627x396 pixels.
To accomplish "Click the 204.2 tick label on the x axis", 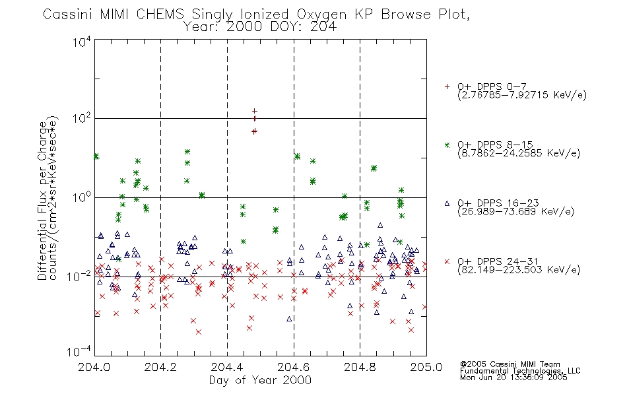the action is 160,367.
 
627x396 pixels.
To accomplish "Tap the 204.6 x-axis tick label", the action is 294,367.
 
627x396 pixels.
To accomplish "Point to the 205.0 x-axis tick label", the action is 426,367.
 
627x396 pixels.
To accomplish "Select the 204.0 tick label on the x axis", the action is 94,367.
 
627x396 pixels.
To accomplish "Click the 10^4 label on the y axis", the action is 82,42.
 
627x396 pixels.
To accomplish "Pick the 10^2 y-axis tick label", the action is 82,119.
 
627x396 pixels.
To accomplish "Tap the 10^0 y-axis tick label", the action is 82,197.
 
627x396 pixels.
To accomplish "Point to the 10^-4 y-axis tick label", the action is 79,351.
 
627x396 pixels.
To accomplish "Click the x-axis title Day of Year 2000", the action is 260,380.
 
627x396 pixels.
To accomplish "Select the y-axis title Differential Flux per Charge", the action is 42,201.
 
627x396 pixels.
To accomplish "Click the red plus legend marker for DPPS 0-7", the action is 447,86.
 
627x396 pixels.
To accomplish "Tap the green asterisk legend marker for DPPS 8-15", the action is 447,145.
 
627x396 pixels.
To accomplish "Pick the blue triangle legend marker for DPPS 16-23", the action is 447,203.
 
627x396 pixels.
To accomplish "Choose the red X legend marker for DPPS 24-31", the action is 447,261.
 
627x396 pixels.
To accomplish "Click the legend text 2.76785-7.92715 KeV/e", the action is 522,95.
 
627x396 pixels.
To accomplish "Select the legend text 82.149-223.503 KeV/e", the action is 519,270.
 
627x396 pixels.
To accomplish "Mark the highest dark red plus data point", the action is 255,111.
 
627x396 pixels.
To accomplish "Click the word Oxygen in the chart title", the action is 321,15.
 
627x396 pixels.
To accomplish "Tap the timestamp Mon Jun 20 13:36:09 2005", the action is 513,378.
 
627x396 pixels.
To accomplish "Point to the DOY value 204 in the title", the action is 323,27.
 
